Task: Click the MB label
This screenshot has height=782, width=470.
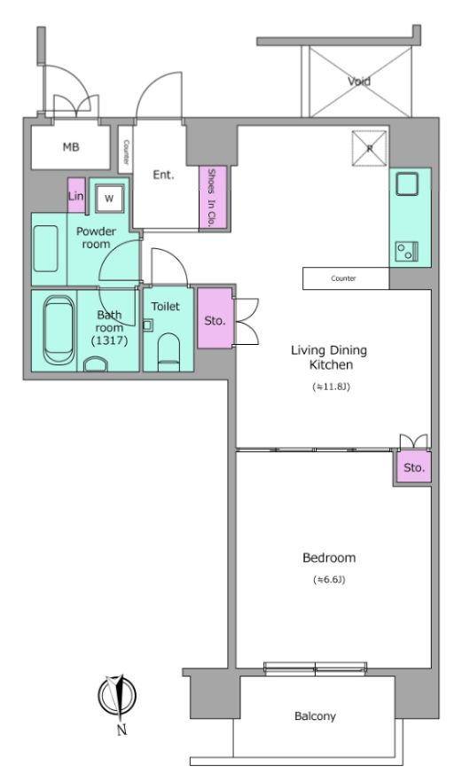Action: point(71,147)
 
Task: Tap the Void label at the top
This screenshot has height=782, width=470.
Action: point(359,81)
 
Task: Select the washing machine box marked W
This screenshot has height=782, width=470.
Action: point(109,198)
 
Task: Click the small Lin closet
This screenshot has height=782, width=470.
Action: point(76,195)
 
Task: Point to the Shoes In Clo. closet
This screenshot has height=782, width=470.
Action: point(213,198)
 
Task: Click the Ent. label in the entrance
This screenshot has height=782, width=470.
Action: point(163,175)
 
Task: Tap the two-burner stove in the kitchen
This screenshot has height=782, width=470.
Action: point(406,252)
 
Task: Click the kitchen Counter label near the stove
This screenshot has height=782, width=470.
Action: point(343,278)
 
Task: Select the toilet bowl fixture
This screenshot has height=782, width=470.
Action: point(168,352)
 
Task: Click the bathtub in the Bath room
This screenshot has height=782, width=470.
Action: point(59,330)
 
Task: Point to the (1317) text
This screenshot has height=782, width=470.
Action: point(109,341)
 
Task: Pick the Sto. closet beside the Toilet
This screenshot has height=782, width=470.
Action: point(215,317)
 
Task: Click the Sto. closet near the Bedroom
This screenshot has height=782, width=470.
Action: point(413,467)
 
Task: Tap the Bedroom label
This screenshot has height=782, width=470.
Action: point(329,558)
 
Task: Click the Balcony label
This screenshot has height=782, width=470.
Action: point(315,716)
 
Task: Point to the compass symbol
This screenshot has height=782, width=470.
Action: point(117,696)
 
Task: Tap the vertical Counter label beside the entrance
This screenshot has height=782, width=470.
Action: point(126,152)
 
